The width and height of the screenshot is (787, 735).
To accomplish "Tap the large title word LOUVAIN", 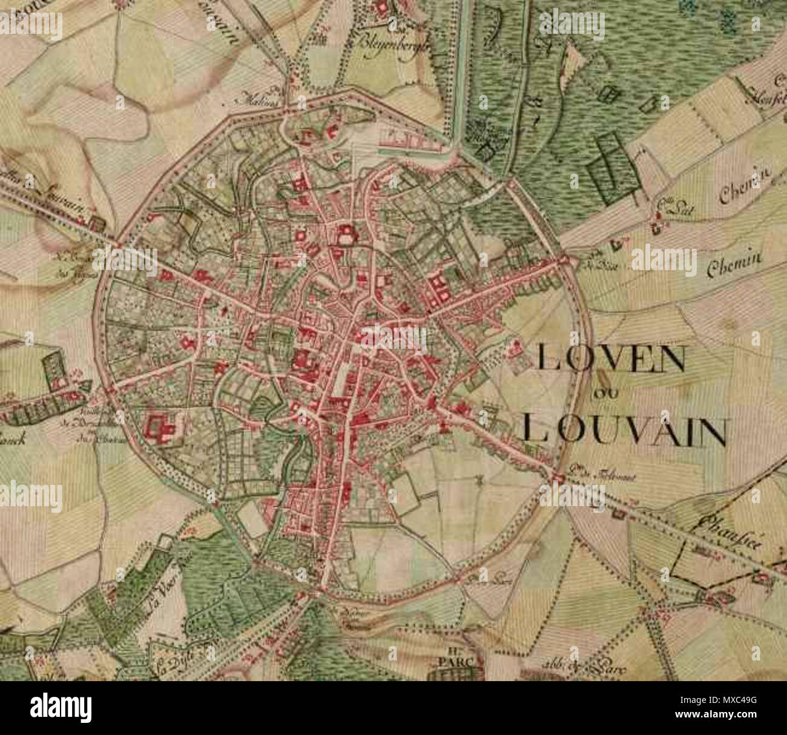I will click(624, 430).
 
